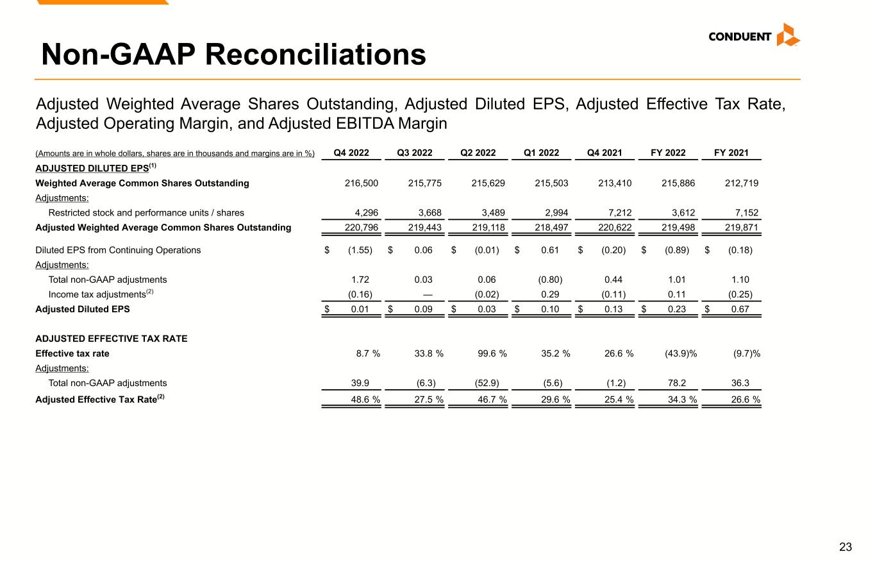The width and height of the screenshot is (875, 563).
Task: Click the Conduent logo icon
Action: click(x=788, y=35)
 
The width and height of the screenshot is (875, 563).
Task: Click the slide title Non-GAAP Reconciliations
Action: click(x=233, y=55)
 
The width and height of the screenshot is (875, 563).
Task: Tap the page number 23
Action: click(x=846, y=547)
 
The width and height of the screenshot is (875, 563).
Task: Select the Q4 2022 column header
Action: click(x=351, y=153)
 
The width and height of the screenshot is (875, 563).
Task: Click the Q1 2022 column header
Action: click(x=541, y=153)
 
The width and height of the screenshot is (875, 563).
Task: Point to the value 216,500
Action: click(x=362, y=183)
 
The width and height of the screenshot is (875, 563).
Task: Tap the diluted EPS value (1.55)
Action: click(x=360, y=250)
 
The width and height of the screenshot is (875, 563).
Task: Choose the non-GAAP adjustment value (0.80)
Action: click(x=549, y=280)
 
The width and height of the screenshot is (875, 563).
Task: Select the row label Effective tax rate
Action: click(x=72, y=354)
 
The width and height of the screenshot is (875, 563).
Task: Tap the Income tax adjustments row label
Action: click(x=97, y=294)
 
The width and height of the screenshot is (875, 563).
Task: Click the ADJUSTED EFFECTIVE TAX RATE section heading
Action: click(x=111, y=339)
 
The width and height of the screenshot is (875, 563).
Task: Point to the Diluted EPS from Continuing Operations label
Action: click(x=118, y=250)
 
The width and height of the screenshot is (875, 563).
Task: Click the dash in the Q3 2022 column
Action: click(x=428, y=294)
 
